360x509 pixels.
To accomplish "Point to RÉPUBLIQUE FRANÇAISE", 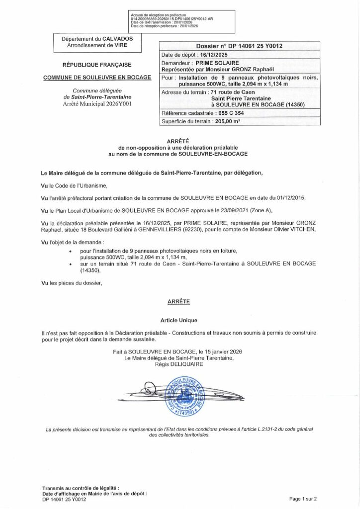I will point(96,65).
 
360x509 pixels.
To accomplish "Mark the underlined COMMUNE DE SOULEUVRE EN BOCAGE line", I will point(97,78).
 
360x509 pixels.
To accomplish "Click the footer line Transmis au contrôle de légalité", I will point(81,489).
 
